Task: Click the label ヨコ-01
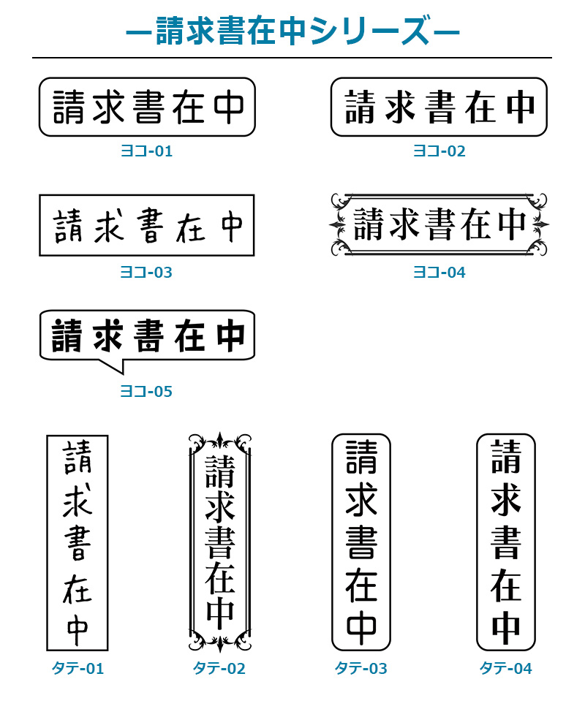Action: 146,151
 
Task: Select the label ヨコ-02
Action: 439,151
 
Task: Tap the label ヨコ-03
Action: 146,272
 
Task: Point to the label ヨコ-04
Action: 439,272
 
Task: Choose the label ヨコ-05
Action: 146,391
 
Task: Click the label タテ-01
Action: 78,668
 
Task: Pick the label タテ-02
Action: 219,668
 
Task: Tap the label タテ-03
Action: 361,668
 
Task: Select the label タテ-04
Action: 506,668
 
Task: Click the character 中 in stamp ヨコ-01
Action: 230,107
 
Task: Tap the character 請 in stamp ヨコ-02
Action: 361,107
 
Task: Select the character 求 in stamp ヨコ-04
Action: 404,224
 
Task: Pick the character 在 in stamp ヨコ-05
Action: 189,335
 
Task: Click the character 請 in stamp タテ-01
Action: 77,458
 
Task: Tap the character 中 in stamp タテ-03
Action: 361,629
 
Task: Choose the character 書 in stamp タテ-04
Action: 506,542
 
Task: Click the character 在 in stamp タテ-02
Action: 220,577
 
